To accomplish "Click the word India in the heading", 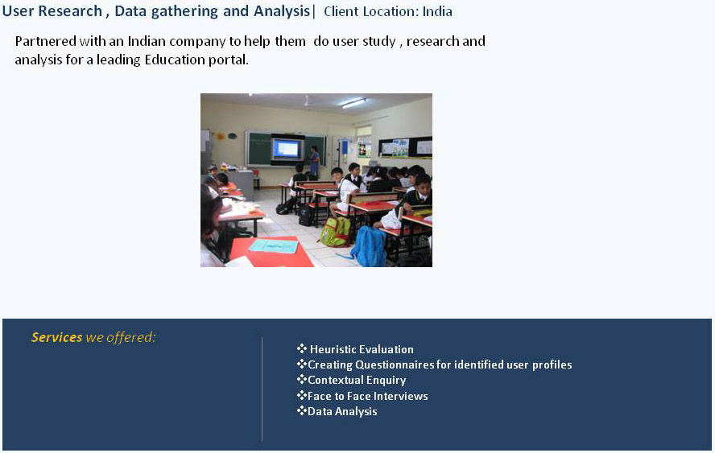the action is [437, 11].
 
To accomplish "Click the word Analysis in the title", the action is [282, 11].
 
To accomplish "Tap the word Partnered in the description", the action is [46, 42].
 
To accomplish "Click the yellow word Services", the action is [56, 337].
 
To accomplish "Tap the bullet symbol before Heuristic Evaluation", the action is [302, 348].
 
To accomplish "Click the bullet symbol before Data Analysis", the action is [302, 410].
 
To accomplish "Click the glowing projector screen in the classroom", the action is [286, 149].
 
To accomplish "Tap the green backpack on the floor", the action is [335, 232].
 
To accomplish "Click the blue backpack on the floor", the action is [370, 246].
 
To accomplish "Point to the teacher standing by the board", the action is [314, 162].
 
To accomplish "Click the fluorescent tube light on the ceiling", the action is [353, 103].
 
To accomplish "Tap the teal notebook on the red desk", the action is [274, 246].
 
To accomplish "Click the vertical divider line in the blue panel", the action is [262, 389].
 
